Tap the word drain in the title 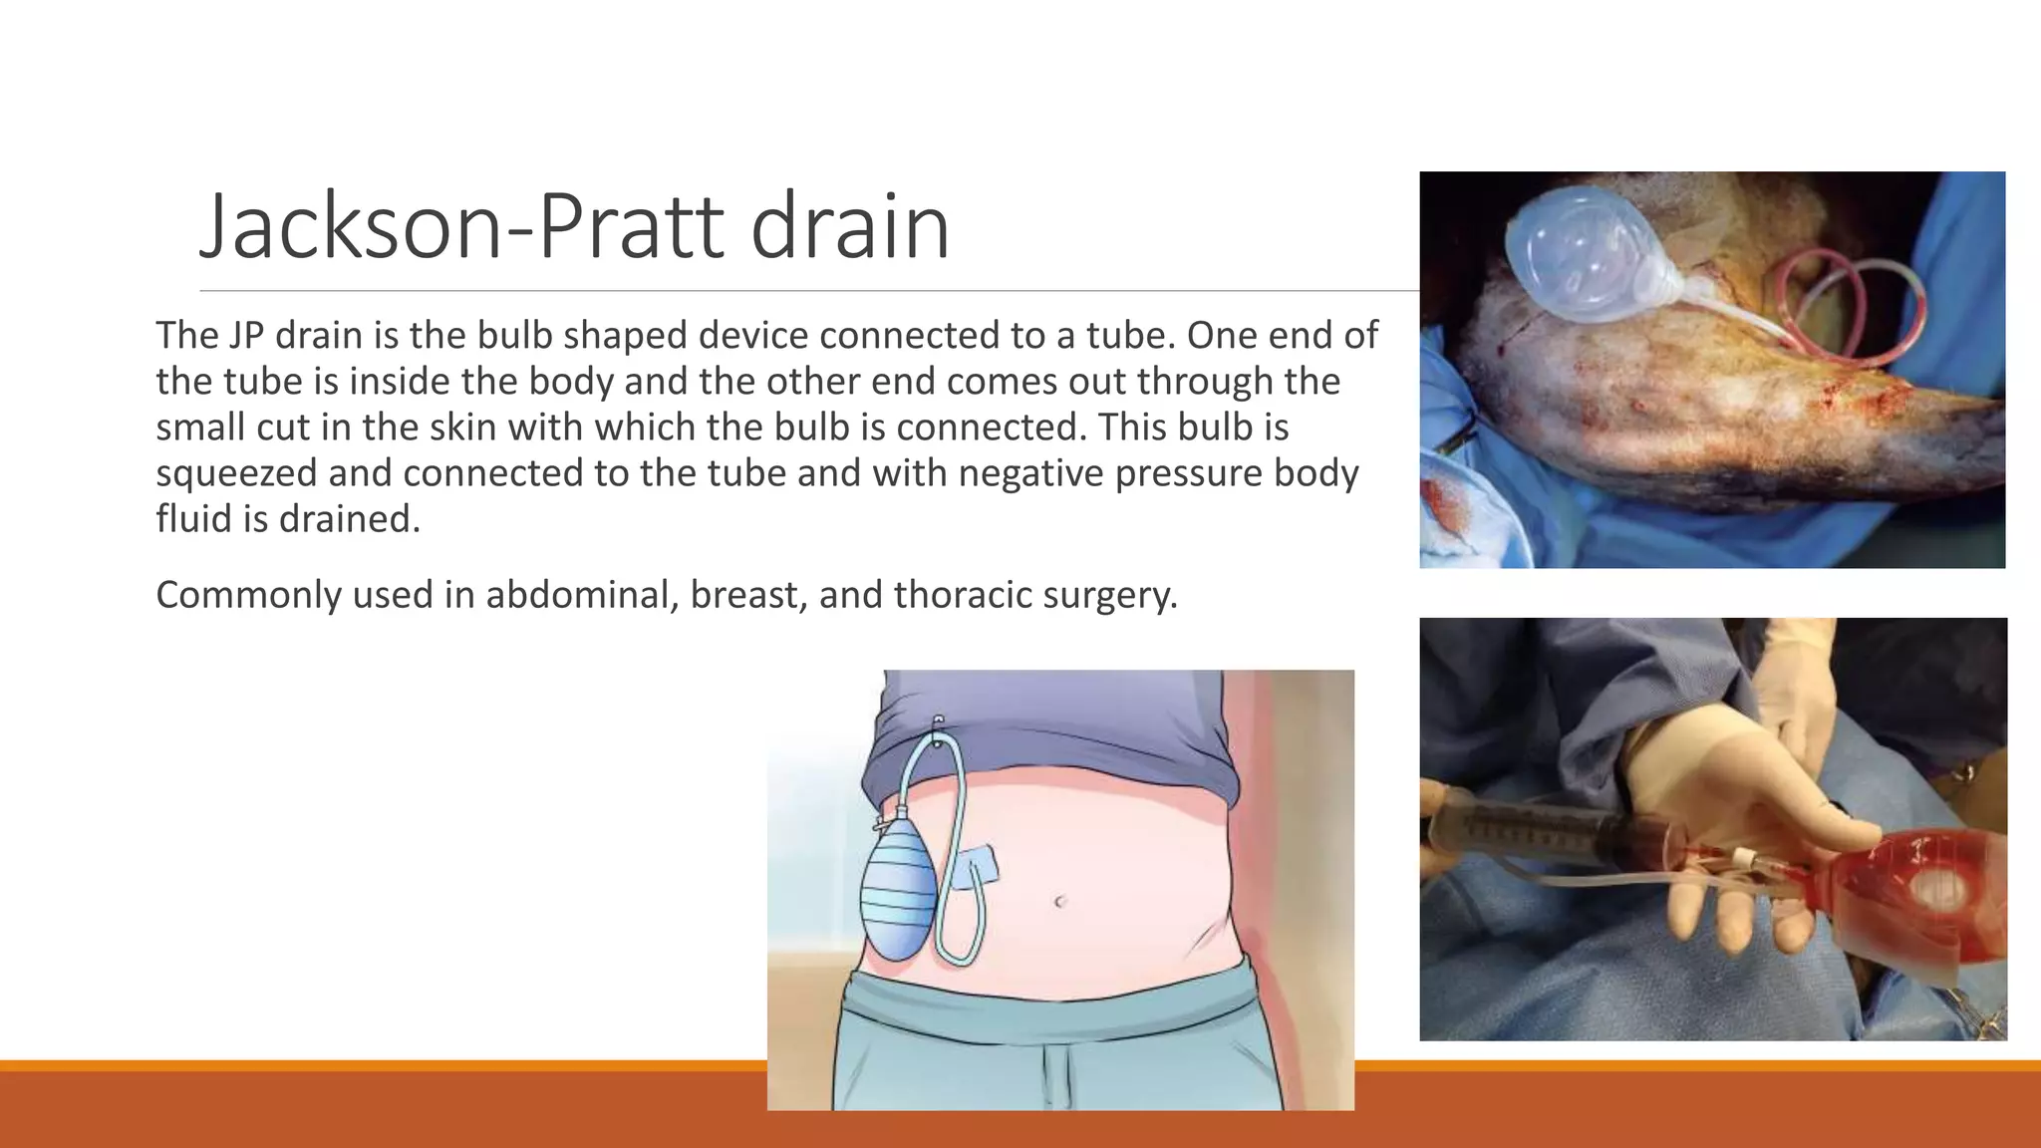[x=849, y=227]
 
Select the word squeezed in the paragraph [x=236, y=473]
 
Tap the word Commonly [x=248, y=595]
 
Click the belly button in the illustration [x=1060, y=902]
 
